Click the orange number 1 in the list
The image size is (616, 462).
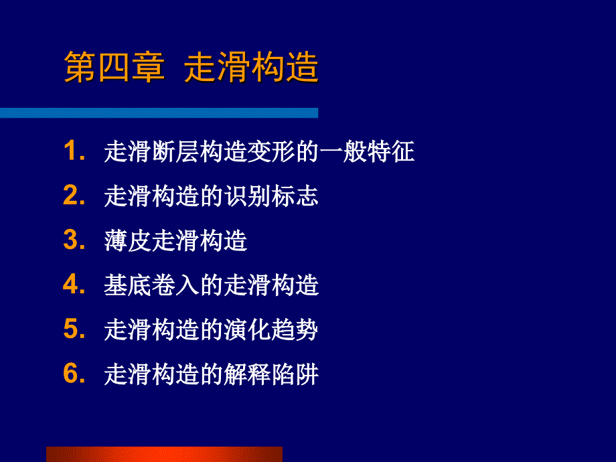pyautogui.click(x=71, y=151)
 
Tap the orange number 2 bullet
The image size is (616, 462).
pyautogui.click(x=71, y=195)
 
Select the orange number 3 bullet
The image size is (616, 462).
pyautogui.click(x=71, y=239)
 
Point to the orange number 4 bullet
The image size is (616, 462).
pyautogui.click(x=71, y=284)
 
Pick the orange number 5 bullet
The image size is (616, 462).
pyautogui.click(x=71, y=329)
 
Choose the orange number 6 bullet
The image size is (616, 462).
pyautogui.click(x=71, y=373)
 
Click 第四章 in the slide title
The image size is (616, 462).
pyautogui.click(x=114, y=67)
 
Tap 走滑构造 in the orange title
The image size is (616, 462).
pyautogui.click(x=250, y=67)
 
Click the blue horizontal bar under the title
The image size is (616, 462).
pyautogui.click(x=159, y=112)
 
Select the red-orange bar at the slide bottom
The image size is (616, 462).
pyautogui.click(x=164, y=454)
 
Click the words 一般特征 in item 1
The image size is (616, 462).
pyautogui.click(x=367, y=151)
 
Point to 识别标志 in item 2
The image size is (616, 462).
pyautogui.click(x=271, y=196)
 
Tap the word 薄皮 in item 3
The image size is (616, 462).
pyautogui.click(x=128, y=240)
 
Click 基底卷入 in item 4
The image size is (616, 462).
pyautogui.click(x=151, y=285)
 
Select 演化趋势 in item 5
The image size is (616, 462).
pyautogui.click(x=271, y=329)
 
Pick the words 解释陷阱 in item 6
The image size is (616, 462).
pyautogui.click(x=271, y=374)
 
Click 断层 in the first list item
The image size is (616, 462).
pyautogui.click(x=175, y=151)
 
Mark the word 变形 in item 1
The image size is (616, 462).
pyautogui.click(x=271, y=151)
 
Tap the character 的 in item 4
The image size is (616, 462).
pyautogui.click(x=212, y=285)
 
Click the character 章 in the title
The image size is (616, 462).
pyautogui.click(x=148, y=67)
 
